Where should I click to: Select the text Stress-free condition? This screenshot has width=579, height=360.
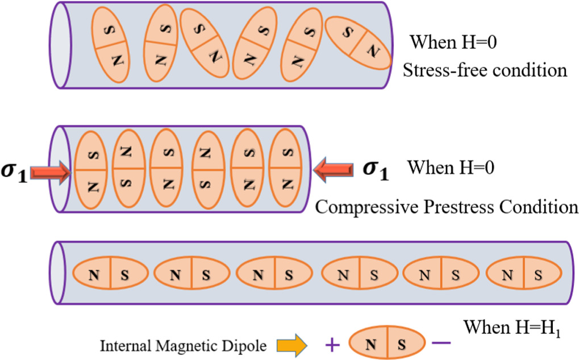coord(485,70)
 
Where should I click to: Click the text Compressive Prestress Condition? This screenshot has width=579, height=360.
coord(446,206)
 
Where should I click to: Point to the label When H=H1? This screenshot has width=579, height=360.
coord(512,328)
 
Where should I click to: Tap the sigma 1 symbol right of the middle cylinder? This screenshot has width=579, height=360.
coord(376,170)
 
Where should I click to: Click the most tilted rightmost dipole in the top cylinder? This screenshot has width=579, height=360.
coord(357,42)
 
